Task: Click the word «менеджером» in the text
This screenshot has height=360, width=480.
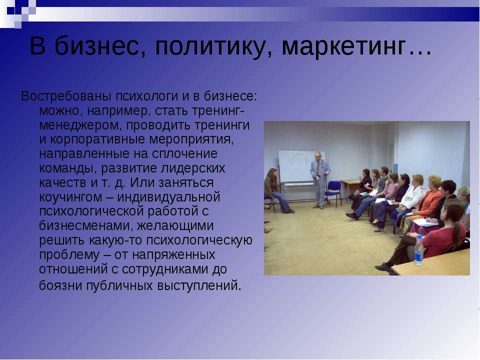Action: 81,125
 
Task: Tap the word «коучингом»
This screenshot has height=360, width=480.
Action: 70,197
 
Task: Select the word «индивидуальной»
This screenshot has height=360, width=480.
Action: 168,197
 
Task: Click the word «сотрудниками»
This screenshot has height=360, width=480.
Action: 166,269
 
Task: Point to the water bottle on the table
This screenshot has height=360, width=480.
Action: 419,250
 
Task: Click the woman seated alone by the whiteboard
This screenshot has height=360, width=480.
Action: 275,190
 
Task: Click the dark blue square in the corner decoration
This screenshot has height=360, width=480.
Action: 10,10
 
